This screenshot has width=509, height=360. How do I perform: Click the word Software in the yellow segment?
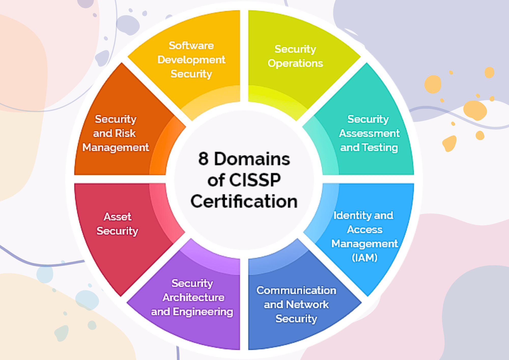(x=191, y=46)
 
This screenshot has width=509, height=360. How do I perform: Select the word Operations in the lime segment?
(x=295, y=63)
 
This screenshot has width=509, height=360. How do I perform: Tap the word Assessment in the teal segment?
(x=369, y=133)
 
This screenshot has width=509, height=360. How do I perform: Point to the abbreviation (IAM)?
(x=364, y=258)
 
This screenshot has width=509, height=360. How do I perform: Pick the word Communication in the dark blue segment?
(x=296, y=290)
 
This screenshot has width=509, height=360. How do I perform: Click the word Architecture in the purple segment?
(x=193, y=298)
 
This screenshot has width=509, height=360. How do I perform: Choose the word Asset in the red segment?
(x=117, y=217)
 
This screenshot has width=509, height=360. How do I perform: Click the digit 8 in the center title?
(x=203, y=159)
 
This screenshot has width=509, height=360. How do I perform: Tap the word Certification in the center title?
(x=244, y=201)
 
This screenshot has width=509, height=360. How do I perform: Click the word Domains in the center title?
(x=252, y=159)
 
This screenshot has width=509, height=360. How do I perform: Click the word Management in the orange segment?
(x=116, y=148)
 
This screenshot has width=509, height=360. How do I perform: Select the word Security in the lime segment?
(x=295, y=49)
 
